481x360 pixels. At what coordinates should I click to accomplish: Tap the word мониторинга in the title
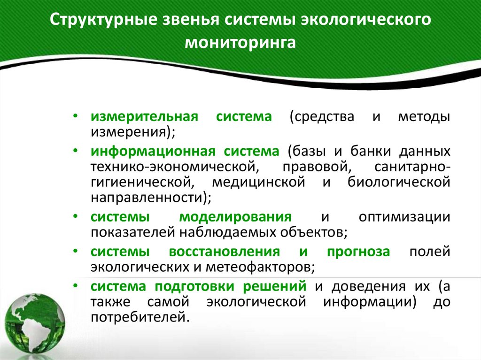[240, 43]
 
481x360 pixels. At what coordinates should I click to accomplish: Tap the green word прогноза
[358, 252]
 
